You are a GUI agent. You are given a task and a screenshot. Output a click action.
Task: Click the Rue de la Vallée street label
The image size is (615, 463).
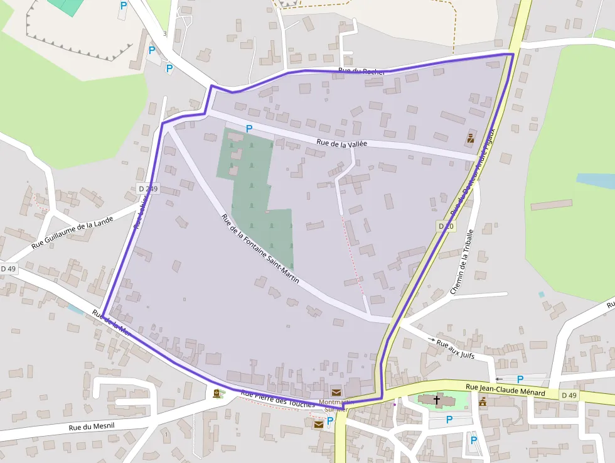point(342,143)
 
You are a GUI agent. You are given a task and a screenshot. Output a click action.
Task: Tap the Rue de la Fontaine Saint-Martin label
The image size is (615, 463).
point(260,248)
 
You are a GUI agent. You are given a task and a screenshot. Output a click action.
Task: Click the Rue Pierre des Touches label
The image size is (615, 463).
point(277,400)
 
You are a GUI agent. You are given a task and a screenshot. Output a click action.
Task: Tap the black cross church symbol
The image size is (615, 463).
point(437,400)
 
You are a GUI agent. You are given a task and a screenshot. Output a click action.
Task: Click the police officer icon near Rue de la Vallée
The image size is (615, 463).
point(470,138)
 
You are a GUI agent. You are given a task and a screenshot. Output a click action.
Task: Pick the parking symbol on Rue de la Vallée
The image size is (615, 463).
point(249,129)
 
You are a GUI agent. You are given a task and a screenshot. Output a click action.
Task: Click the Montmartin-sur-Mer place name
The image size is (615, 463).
point(337,405)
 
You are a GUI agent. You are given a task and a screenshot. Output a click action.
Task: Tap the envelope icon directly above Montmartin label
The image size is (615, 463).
point(336,393)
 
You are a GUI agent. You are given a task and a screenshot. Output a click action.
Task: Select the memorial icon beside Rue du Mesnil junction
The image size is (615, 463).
point(217,393)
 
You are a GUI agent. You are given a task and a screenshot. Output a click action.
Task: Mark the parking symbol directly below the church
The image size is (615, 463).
point(449,420)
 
